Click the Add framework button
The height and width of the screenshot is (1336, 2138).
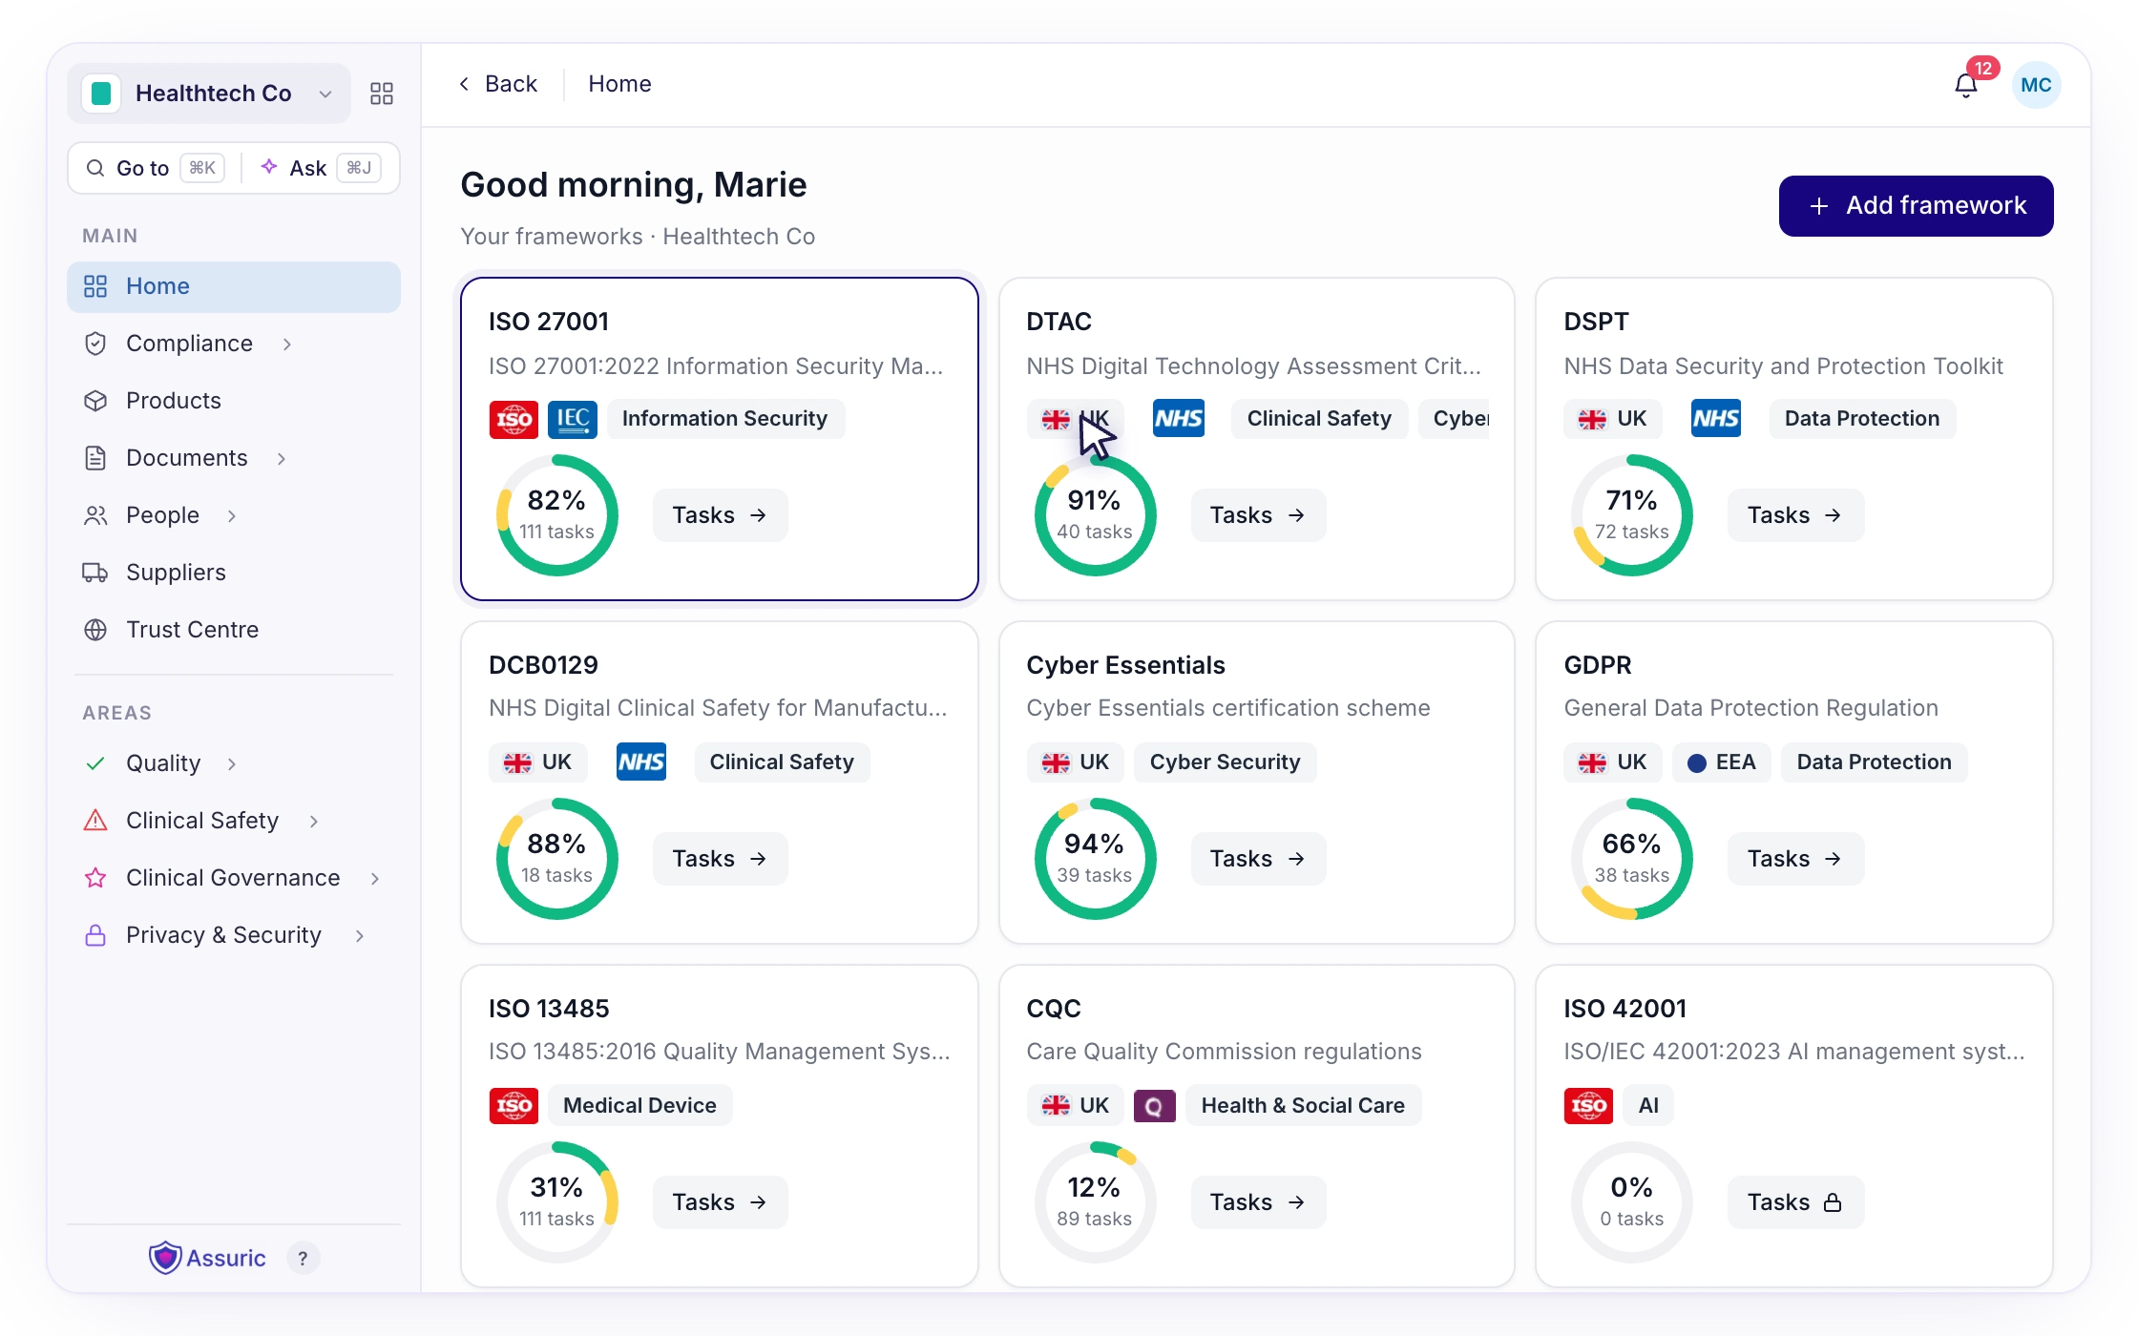click(x=1916, y=206)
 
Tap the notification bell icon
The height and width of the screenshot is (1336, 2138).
click(x=1966, y=86)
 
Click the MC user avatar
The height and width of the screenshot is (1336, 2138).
click(x=2036, y=85)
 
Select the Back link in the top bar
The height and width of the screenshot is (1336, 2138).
click(x=498, y=84)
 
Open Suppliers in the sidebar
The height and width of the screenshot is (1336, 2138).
click(x=176, y=573)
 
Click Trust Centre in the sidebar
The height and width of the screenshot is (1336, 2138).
click(x=192, y=630)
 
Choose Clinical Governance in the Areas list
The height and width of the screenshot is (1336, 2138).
click(x=233, y=878)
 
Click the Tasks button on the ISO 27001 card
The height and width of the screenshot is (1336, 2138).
click(x=720, y=515)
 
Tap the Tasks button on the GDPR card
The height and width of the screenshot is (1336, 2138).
click(x=1794, y=859)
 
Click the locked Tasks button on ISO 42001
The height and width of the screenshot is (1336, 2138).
click(x=1794, y=1202)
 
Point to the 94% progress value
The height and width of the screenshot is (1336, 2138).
click(x=1094, y=844)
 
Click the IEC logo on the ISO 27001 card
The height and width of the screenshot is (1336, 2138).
click(x=573, y=419)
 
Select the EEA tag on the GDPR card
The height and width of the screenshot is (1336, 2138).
click(x=1722, y=762)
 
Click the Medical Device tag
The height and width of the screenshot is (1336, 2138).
click(x=639, y=1105)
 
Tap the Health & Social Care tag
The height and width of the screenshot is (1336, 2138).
click(x=1303, y=1105)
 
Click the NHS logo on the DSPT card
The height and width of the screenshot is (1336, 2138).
click(x=1716, y=419)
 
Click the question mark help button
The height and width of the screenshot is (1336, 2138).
click(x=303, y=1259)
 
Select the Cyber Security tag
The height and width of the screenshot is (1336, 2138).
click(x=1225, y=762)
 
